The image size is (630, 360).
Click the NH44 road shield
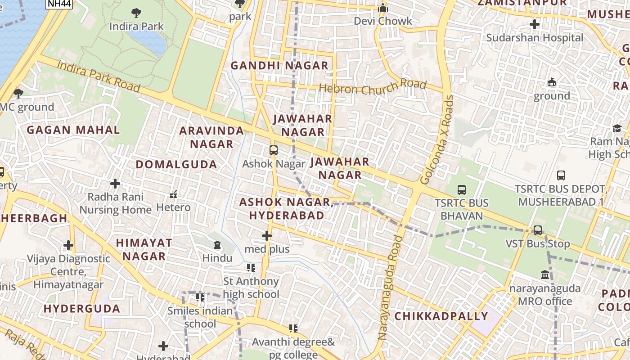(x=59, y=4)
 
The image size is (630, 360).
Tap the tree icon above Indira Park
(x=136, y=13)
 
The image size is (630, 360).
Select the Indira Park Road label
(x=99, y=76)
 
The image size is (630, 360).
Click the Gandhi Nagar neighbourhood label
(x=279, y=66)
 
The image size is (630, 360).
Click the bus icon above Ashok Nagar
(x=274, y=150)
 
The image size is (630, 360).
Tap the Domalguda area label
(x=176, y=165)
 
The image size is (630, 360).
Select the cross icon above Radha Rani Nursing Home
(x=115, y=184)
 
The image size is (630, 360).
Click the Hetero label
(x=173, y=207)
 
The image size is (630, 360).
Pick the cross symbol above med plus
(x=267, y=235)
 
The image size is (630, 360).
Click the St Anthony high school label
(x=251, y=288)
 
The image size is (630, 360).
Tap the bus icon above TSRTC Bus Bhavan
(x=461, y=190)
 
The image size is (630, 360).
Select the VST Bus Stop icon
(x=538, y=230)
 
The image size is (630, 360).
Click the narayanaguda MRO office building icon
(x=545, y=274)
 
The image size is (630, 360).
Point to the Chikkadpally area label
(x=441, y=316)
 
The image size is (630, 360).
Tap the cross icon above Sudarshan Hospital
(x=535, y=24)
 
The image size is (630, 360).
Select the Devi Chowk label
(x=383, y=21)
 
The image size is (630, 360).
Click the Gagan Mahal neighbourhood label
(x=73, y=130)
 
